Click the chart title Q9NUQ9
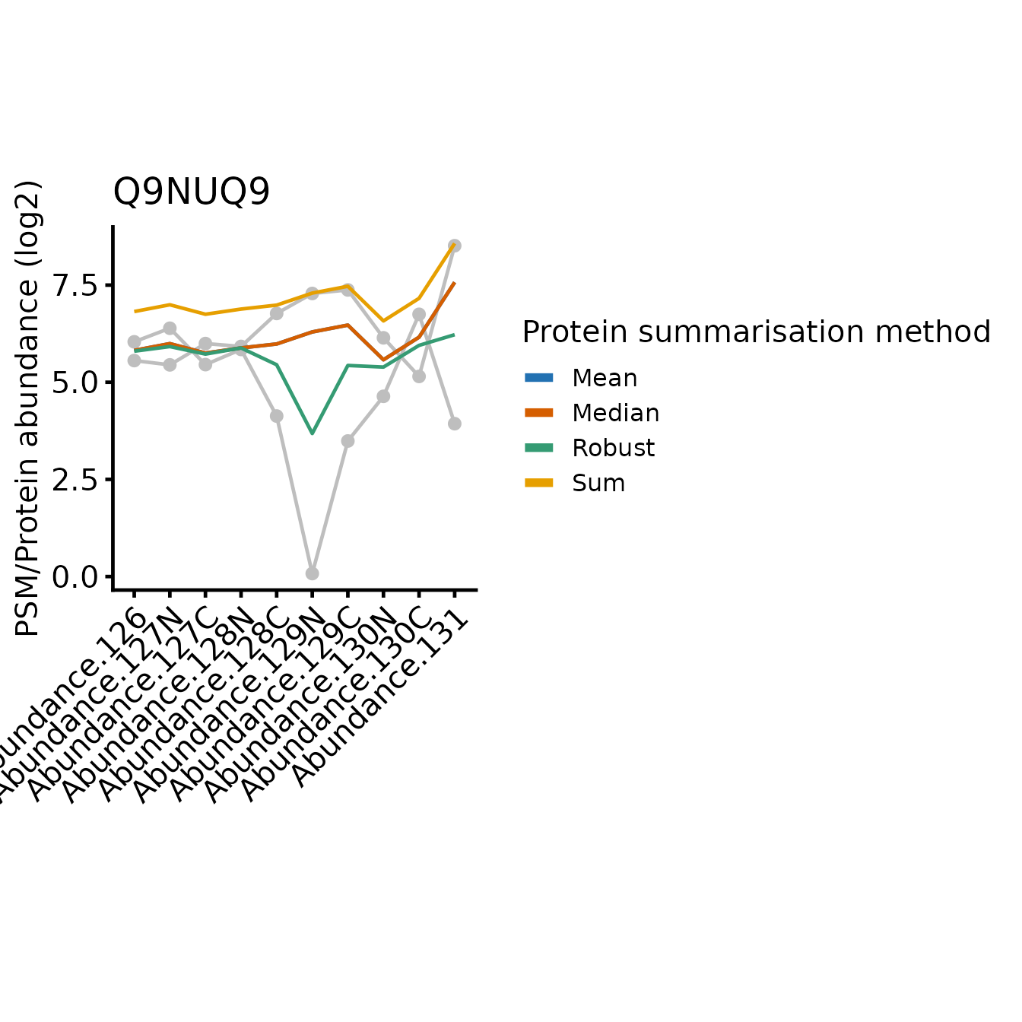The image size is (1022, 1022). tap(191, 192)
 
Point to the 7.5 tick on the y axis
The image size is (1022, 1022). tap(75, 286)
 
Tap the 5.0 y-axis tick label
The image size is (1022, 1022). tap(75, 382)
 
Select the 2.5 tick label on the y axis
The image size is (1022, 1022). tap(75, 480)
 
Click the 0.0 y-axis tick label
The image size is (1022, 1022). tap(75, 577)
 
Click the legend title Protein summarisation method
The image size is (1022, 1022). tap(756, 332)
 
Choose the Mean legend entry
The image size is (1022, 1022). tap(605, 378)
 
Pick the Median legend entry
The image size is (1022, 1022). tap(615, 413)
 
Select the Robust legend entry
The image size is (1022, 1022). tap(613, 448)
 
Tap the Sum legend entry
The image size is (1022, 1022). tap(598, 483)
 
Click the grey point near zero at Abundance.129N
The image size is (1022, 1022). tap(312, 573)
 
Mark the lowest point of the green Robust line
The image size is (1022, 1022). tap(312, 433)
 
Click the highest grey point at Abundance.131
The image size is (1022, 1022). tap(455, 246)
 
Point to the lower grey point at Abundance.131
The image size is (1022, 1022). tap(455, 424)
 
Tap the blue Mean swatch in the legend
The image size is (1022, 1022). tap(539, 378)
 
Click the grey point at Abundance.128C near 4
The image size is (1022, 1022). tap(276, 416)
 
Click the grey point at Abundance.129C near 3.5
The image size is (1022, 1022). tap(348, 441)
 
